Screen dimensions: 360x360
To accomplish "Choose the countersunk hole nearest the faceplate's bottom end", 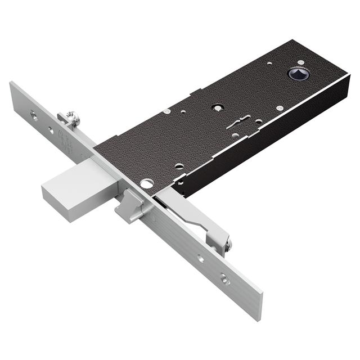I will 225,278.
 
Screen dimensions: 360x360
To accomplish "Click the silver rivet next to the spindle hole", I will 269,64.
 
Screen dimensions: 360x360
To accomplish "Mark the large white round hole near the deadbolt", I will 147,183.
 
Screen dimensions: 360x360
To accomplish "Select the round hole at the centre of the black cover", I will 217,107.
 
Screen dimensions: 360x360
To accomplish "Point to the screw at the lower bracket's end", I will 227,244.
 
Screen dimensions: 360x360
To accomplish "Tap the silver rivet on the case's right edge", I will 280,108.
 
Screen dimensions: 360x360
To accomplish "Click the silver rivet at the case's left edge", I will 167,111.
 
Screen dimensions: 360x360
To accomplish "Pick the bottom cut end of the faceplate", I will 256,307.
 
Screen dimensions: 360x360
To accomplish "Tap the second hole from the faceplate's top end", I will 51,130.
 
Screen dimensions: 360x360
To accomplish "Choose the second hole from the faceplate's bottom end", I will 200,259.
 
